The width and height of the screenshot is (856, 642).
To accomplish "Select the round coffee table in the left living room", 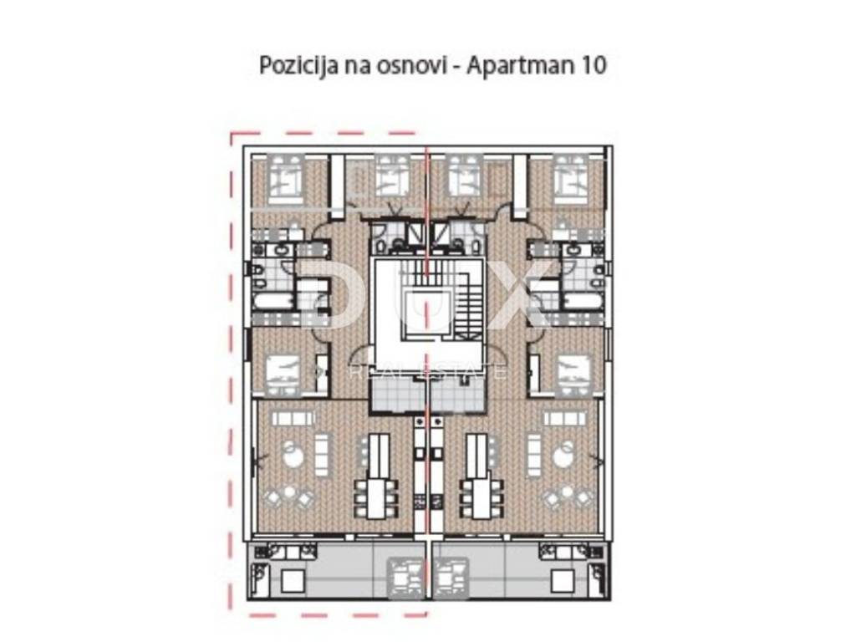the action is click(x=293, y=454).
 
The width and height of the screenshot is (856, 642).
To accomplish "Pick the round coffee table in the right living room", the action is click(x=563, y=454).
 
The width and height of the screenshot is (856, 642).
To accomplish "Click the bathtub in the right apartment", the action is click(x=584, y=301).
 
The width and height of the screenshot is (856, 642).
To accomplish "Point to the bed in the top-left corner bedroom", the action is click(x=288, y=176).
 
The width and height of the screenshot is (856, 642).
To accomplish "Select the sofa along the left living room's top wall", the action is click(x=293, y=418).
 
